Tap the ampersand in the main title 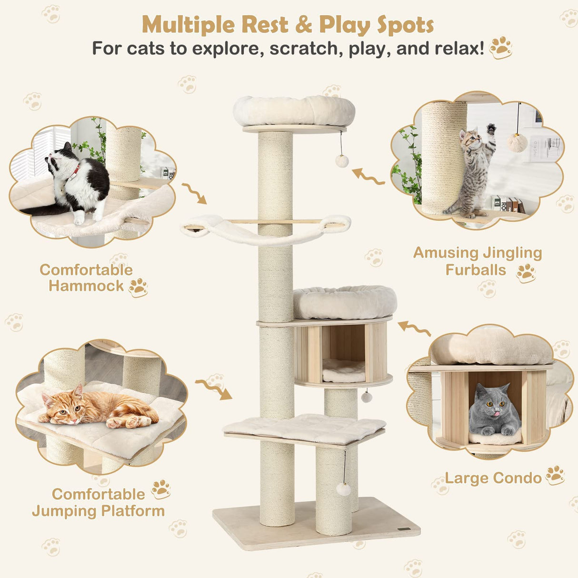[x=303, y=25]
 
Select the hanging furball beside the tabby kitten [x=517, y=142]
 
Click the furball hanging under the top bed [x=342, y=161]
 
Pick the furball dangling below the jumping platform [x=343, y=489]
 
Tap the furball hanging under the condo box [x=366, y=397]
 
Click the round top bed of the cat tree [x=294, y=111]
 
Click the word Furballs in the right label [x=476, y=270]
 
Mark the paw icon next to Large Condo [x=555, y=475]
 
